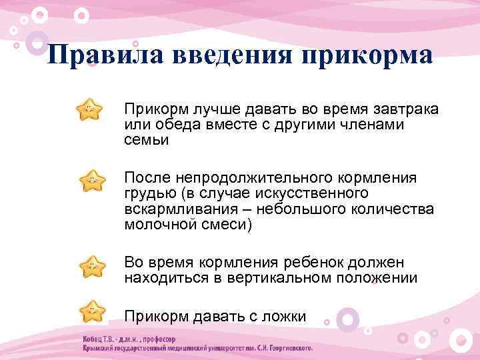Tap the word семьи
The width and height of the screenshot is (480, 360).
coord(146,139)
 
